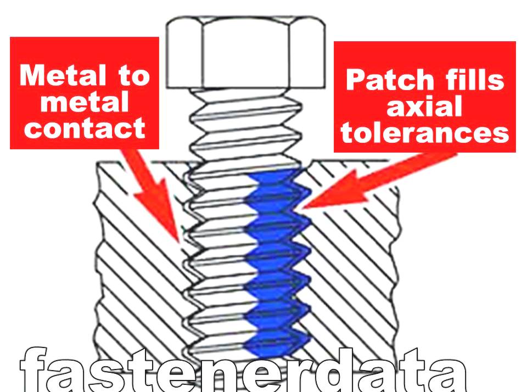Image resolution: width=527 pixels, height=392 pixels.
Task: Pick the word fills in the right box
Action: tap(472, 81)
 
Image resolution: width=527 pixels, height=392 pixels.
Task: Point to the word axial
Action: tap(424, 107)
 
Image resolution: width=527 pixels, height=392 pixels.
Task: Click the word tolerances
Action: tap(424, 133)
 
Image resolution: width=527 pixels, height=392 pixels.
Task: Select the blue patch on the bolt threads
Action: tap(274, 258)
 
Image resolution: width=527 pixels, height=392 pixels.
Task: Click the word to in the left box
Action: tap(132, 75)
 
